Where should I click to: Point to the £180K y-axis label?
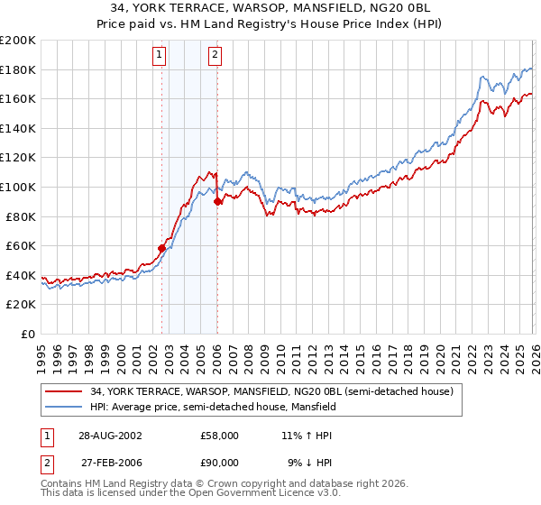pyautogui.click(x=18, y=69)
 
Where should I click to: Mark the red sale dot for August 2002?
pyautogui.click(x=162, y=248)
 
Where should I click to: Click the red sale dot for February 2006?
pyautogui.click(x=217, y=201)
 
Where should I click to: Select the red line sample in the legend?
pyautogui.click(x=65, y=390)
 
